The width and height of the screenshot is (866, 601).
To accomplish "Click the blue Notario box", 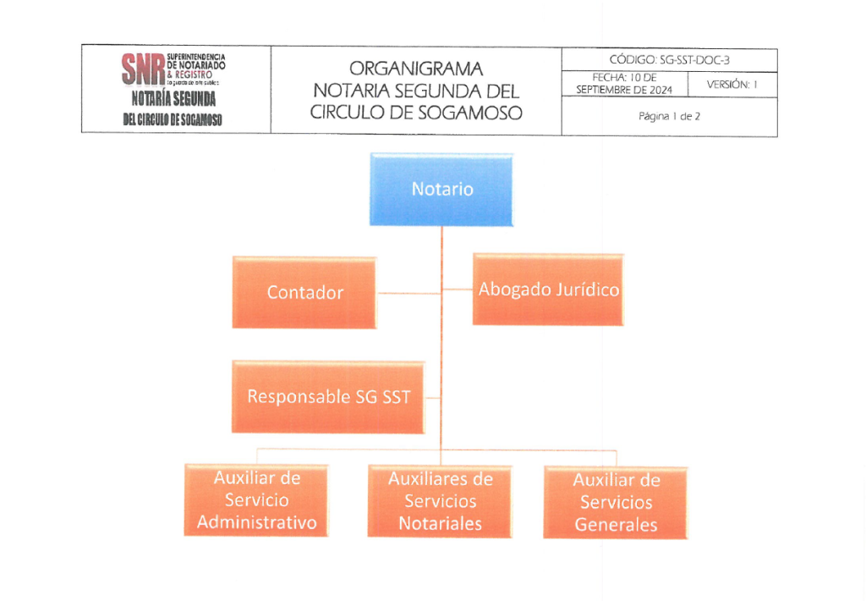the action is pos(441,190).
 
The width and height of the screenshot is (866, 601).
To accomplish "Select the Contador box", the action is pos(304,293).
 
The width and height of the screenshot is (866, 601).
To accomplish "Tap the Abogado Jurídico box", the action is pos(548,289).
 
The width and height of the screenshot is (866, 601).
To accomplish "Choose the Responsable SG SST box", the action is pos(329,397).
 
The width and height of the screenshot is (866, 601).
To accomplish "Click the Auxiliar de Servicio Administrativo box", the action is pos(256,500).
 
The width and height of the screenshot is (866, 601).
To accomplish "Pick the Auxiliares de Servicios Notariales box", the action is pos(440,501).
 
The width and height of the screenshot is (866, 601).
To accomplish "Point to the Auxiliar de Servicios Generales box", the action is pos(616,503).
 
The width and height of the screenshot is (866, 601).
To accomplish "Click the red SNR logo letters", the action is pos(143,69).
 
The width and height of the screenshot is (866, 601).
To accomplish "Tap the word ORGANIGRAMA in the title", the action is pos(416,69).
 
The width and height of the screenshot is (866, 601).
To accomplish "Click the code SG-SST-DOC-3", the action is pos(694,60).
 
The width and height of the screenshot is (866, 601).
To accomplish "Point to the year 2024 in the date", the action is pos(661,90).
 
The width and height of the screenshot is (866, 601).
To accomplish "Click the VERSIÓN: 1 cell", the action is pos(732,85).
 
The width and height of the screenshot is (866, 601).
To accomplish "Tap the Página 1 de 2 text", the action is pos(670,116).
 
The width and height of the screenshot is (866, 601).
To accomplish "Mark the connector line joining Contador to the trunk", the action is pos(408,293).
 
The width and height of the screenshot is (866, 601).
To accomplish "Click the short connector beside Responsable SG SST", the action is pos(433,398).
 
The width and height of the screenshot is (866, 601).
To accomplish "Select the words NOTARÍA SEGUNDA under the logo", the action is pos(173,99).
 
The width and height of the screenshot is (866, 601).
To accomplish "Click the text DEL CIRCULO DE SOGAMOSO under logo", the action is pos(173,119).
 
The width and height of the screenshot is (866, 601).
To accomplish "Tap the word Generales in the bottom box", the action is pos(616,525).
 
